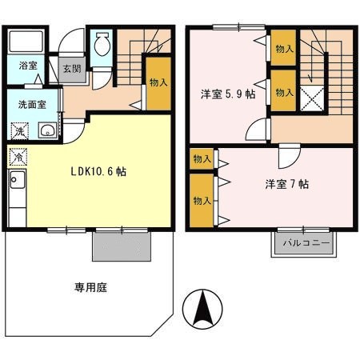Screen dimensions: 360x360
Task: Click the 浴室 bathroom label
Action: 28,66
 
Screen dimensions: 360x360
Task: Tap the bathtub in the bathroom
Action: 26,41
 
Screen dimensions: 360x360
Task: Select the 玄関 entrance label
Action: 72,69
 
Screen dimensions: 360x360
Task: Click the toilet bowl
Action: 102,44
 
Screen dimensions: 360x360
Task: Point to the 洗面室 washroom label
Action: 32,105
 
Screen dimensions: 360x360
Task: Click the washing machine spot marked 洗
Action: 19,130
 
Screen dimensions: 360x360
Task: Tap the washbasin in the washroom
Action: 47,130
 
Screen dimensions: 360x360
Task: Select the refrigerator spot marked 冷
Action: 18,157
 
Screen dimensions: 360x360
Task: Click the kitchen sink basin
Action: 18,180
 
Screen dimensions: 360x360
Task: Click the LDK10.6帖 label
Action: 98,171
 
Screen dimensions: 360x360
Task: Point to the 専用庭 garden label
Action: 90,287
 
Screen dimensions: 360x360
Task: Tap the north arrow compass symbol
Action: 202,309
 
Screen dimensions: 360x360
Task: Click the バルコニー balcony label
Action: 306,243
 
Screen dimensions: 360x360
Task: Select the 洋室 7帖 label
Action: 287,184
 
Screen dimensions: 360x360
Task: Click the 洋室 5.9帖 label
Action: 228,94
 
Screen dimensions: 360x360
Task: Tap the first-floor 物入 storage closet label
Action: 158,82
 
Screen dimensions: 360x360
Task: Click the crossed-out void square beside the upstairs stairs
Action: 312,98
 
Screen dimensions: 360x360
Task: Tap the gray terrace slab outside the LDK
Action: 122,246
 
